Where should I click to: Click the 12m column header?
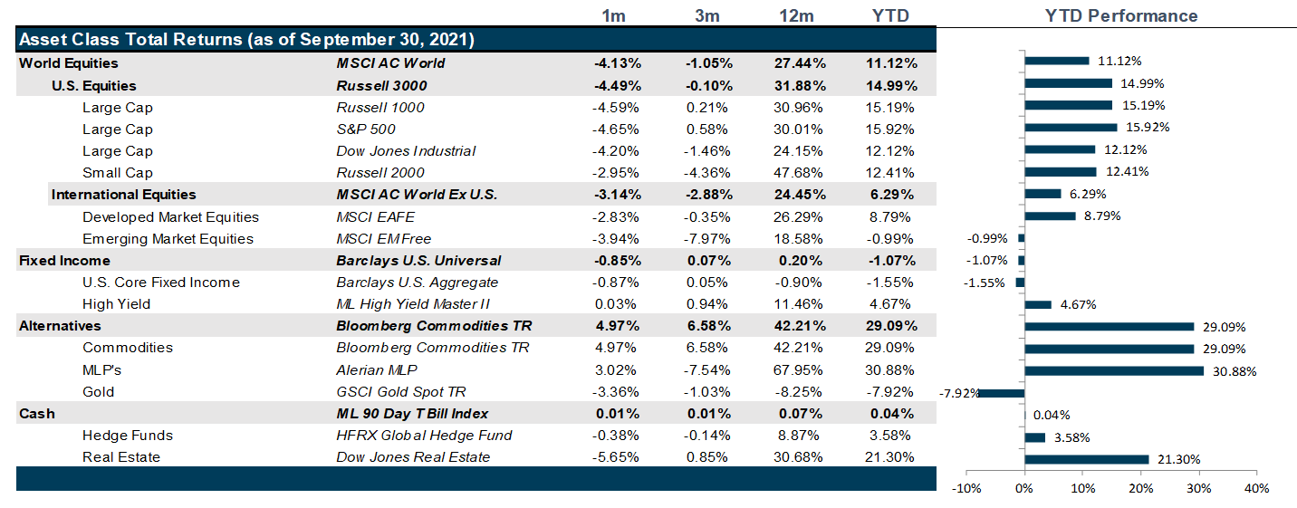pos(794,16)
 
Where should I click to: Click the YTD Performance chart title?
pos(1120,16)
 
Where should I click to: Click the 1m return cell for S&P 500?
pos(617,129)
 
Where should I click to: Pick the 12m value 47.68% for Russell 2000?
pos(794,173)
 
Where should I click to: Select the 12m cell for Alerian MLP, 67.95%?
pos(794,370)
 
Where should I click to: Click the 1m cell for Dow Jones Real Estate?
pos(617,457)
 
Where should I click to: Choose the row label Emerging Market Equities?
pos(168,239)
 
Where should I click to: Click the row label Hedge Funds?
pos(127,436)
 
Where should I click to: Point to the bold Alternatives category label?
pos(60,326)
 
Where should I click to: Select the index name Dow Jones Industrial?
pos(406,151)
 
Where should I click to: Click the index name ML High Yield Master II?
pos(414,304)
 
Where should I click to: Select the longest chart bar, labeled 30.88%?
pos(1114,370)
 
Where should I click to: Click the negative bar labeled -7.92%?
pos(1002,392)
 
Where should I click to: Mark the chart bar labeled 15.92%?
pos(1071,127)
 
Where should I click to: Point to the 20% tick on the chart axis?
pos(1140,489)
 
